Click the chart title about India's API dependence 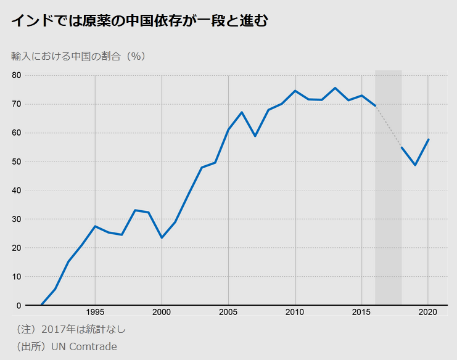pos(139,21)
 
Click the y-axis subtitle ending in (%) pos(78,56)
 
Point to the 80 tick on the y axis pos(16,75)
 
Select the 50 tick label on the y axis pos(16,162)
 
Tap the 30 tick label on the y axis pos(16,219)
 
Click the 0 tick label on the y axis pos(19,305)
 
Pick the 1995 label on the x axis pos(95,313)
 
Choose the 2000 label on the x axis pos(162,313)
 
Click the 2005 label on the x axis pos(228,313)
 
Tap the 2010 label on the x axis pos(295,313)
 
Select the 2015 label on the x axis pos(362,313)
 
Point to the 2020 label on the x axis pos(429,313)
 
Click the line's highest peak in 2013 pos(335,88)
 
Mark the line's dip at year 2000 pos(162,237)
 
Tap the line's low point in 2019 pos(415,165)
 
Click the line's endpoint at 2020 pos(429,139)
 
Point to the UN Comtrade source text pos(64,346)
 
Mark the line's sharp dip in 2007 pos(255,136)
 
